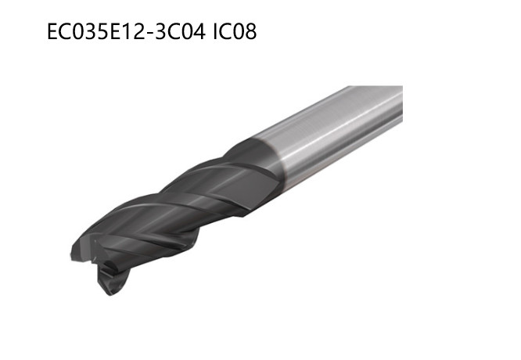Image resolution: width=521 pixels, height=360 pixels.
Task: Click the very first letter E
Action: point(52,32)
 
